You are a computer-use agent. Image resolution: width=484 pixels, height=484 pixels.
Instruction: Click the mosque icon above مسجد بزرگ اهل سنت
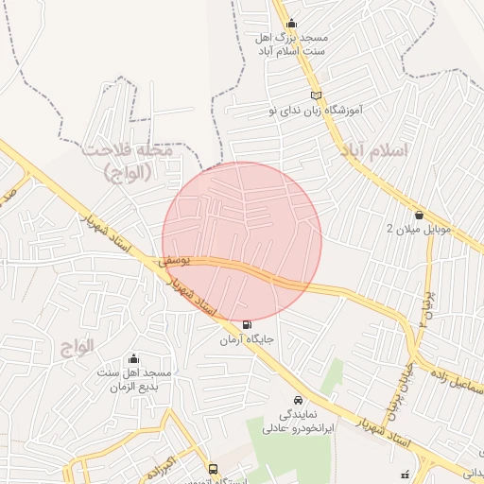tap(289, 24)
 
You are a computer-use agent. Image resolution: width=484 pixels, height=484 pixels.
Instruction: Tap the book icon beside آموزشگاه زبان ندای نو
tap(317, 95)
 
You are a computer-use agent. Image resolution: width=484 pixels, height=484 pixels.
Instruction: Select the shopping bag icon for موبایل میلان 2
tap(419, 215)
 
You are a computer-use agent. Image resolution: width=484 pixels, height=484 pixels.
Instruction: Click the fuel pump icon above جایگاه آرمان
tap(248, 325)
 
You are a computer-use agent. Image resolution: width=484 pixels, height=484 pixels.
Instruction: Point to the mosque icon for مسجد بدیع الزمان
tap(132, 358)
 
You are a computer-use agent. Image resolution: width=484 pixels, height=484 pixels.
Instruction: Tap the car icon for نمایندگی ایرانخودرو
tap(299, 400)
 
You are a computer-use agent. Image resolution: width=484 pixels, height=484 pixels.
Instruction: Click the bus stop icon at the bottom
tap(212, 469)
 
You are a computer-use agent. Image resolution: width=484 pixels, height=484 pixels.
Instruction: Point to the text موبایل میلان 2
tap(421, 230)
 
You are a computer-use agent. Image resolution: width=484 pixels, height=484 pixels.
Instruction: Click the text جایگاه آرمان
tap(248, 339)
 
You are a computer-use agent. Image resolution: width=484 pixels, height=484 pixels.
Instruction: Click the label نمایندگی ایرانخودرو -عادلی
tap(300, 422)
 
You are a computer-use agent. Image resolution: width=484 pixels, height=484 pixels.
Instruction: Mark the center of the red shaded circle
tap(242, 242)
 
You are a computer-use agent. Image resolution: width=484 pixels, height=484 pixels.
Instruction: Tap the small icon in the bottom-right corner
tap(406, 474)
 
